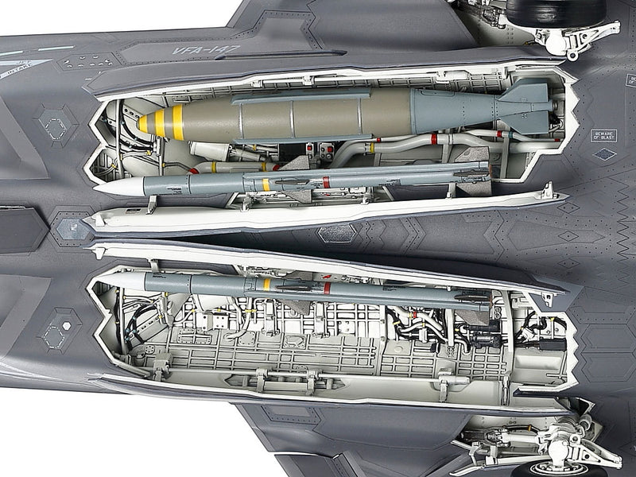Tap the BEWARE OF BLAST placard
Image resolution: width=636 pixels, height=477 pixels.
[604, 135]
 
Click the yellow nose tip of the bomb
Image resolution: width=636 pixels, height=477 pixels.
[142, 124]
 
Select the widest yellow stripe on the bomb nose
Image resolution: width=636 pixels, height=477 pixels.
[177, 121]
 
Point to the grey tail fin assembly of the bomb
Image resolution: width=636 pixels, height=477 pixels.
[521, 107]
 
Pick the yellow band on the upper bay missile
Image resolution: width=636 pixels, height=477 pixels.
[266, 184]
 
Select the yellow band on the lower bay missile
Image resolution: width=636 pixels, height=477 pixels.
[267, 284]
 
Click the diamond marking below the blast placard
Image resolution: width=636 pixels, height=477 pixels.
[605, 154]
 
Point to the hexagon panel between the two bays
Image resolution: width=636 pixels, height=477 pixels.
[337, 233]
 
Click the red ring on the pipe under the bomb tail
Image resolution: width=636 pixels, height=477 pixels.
[434, 138]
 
